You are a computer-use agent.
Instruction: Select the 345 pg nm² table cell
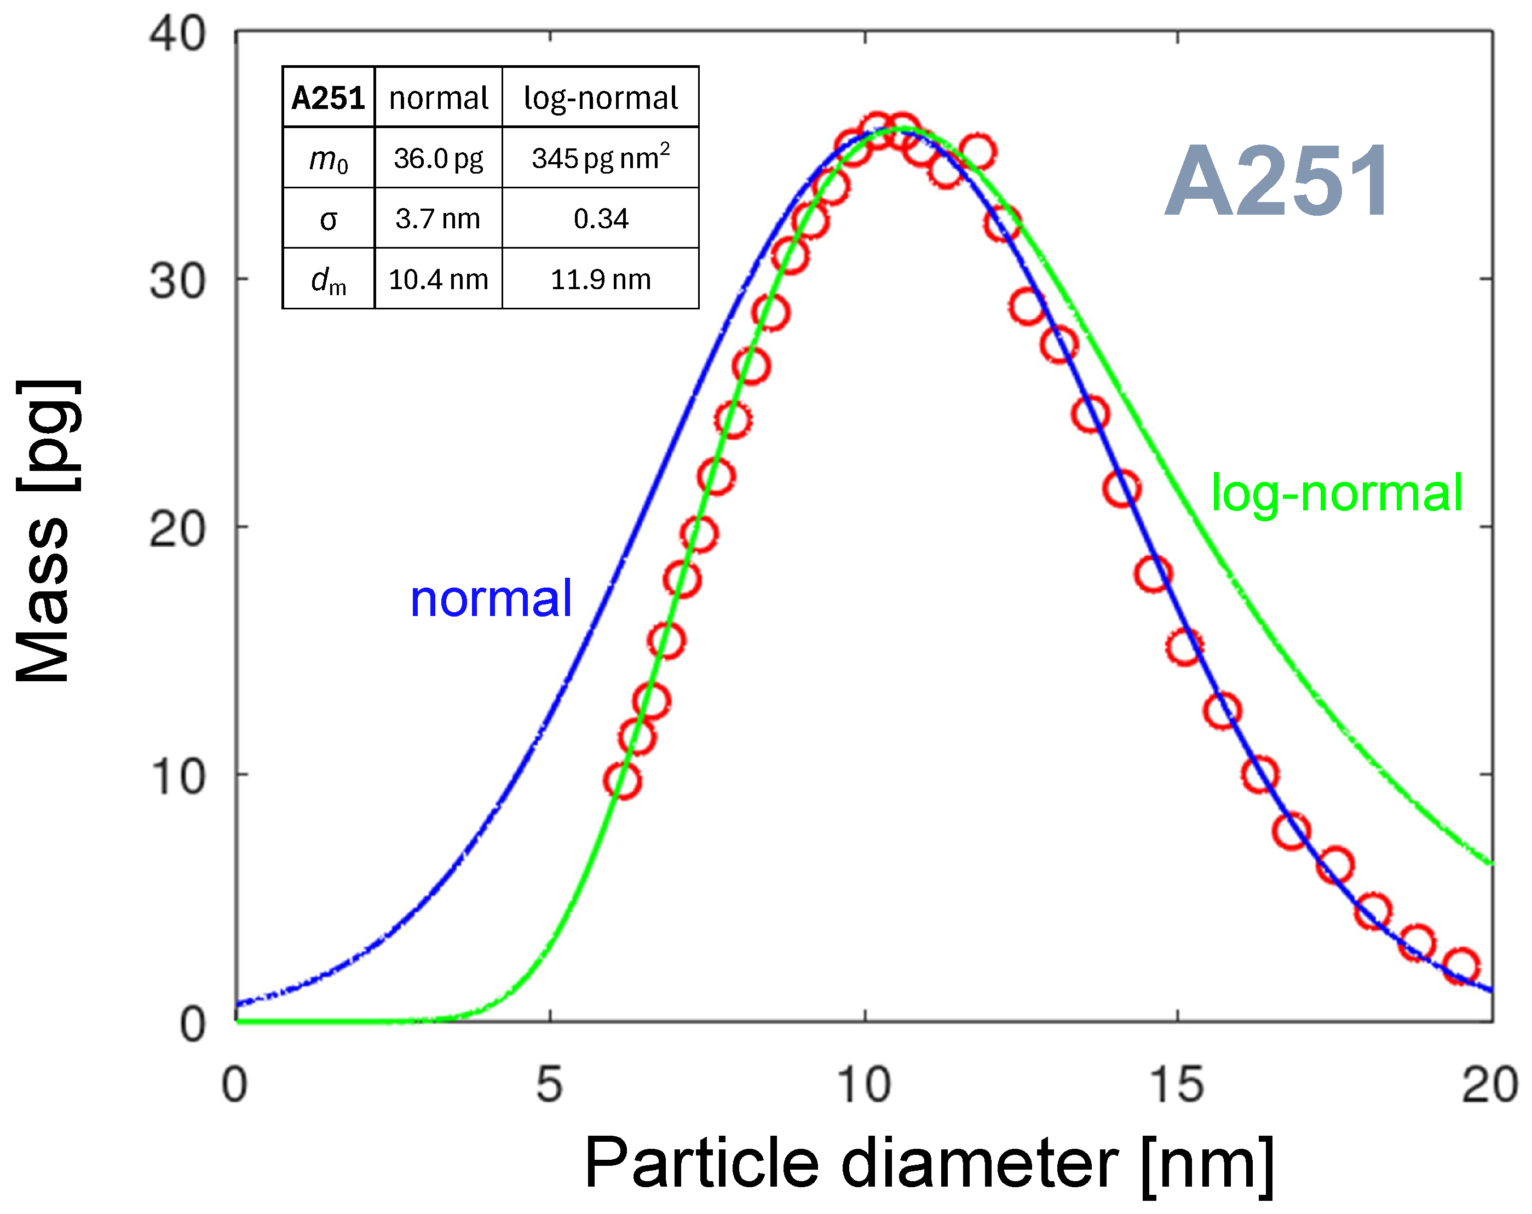(601, 158)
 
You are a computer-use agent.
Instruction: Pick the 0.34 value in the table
(601, 218)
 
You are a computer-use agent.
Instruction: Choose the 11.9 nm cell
(601, 279)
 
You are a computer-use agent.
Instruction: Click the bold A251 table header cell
(329, 97)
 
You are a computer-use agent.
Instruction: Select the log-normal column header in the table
(601, 97)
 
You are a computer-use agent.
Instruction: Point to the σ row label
(329, 218)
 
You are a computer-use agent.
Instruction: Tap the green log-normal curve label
(1336, 493)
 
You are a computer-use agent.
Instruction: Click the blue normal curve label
(491, 599)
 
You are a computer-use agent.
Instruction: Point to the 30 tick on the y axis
(177, 281)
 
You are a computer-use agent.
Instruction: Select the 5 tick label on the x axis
(549, 1086)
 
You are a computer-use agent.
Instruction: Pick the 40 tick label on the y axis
(177, 33)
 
